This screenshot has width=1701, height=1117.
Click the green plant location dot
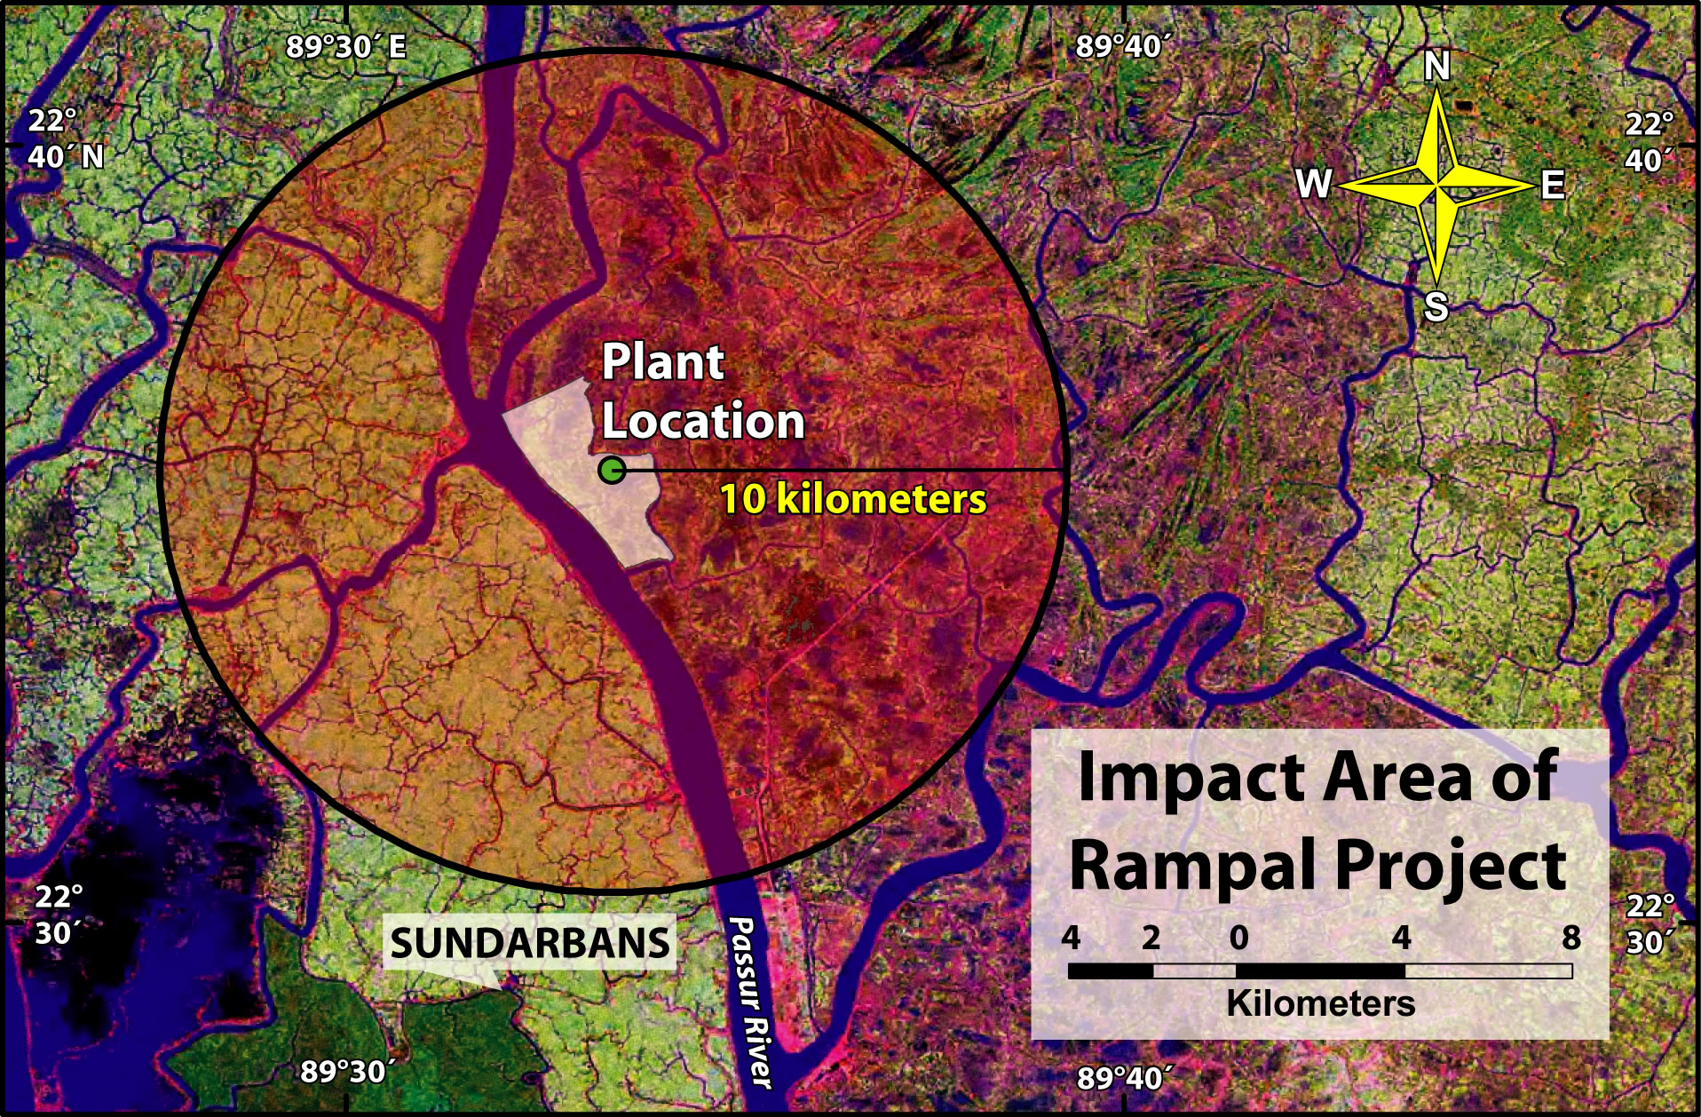612,470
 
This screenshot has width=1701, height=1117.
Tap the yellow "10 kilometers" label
852,499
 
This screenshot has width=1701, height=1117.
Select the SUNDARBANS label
530,943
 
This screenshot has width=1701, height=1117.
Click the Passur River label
751,1002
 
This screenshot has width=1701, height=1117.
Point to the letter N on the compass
1436,66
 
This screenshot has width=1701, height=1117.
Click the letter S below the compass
1436,307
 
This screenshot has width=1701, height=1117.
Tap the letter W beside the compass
1314,184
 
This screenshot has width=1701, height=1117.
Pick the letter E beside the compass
1552,186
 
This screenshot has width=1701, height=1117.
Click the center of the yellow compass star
1436,186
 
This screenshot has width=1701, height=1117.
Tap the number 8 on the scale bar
1570,937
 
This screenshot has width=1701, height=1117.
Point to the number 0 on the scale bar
1238,937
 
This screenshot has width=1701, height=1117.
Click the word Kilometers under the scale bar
1320,1003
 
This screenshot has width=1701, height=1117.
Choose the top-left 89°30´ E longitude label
346,46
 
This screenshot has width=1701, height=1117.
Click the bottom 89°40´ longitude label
1123,1078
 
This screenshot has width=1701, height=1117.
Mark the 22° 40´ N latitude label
65,139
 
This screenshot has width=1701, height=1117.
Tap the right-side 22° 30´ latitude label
1650,923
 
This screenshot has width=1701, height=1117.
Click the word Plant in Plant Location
663,362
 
